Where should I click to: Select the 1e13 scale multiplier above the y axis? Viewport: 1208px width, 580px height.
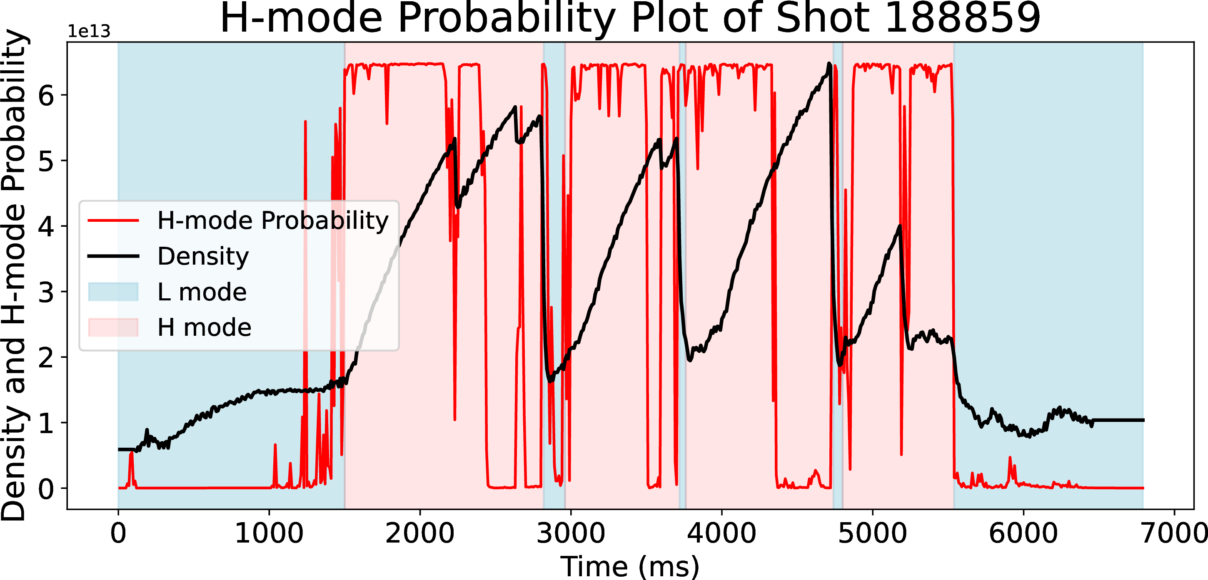(89, 31)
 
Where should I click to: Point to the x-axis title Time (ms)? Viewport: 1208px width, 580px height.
(630, 566)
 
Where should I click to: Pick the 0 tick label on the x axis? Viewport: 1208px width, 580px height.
(118, 533)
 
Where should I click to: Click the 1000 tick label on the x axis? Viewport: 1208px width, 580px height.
(269, 533)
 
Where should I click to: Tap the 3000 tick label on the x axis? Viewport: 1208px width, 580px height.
(571, 533)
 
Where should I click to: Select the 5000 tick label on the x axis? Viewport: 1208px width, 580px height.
(872, 533)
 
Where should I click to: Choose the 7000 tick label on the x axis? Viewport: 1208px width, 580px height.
(1174, 533)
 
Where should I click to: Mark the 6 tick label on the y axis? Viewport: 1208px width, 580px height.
(46, 96)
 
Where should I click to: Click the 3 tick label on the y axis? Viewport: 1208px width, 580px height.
(46, 292)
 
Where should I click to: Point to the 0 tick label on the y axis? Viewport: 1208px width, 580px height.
(46, 489)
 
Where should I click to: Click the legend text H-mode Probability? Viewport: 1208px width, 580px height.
(273, 220)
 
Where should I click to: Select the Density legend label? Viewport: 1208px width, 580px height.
(203, 256)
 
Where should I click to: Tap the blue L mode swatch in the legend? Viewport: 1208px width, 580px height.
(113, 292)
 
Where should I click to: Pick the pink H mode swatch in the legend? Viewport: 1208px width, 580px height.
(113, 327)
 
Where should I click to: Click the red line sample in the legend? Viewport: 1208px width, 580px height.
(113, 220)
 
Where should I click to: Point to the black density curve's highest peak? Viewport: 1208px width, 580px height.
(829, 64)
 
